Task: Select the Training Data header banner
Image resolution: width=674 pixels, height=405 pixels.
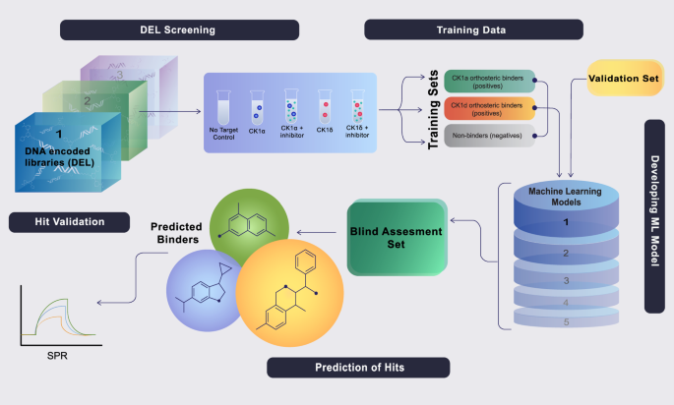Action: [x=461, y=29]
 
